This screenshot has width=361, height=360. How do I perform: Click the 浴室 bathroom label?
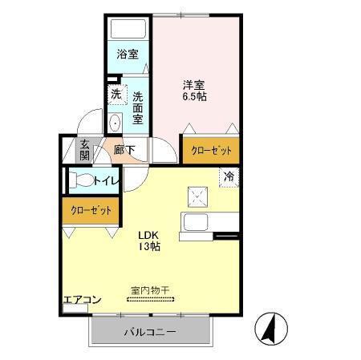(x=127, y=55)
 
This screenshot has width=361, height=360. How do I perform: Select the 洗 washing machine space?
(x=116, y=95)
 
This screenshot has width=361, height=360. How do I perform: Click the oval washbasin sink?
(x=115, y=123)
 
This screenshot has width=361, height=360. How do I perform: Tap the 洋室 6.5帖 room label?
(x=194, y=89)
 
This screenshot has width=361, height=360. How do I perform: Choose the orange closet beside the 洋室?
(x=212, y=150)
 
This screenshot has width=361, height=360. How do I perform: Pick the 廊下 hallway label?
(x=124, y=149)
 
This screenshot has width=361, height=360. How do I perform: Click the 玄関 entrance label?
(x=84, y=150)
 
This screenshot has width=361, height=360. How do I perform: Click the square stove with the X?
(x=197, y=195)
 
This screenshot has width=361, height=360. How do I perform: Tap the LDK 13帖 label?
(x=148, y=241)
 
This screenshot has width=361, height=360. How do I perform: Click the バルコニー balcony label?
(x=149, y=331)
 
